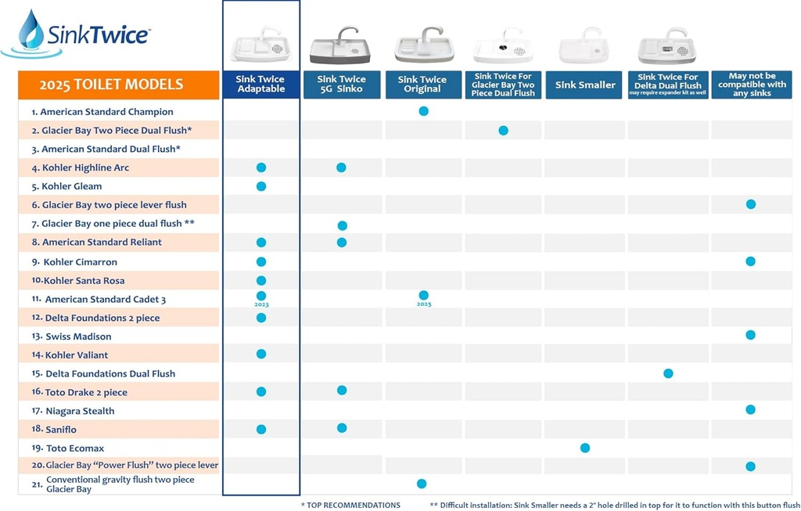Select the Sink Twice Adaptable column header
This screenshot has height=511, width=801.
(x=260, y=85)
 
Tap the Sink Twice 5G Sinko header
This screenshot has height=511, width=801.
(x=341, y=85)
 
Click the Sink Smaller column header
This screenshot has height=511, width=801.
(x=585, y=85)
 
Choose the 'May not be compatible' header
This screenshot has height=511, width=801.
(x=751, y=85)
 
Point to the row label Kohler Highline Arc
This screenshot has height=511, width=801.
(x=85, y=167)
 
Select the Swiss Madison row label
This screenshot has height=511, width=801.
(x=78, y=336)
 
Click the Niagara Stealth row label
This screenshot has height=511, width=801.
(x=80, y=411)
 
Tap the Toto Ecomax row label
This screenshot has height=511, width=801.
(x=74, y=448)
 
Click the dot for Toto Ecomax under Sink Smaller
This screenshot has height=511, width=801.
(x=585, y=448)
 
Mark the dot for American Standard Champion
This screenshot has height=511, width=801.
(x=423, y=111)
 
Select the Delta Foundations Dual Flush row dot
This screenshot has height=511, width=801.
(x=668, y=373)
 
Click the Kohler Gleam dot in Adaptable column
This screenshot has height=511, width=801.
(x=261, y=186)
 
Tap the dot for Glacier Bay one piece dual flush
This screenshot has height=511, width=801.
(x=342, y=225)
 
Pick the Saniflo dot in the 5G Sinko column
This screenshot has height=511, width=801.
(x=342, y=427)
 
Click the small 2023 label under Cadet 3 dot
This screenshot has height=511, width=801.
(x=261, y=304)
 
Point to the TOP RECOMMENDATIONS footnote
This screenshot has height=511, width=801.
(x=352, y=505)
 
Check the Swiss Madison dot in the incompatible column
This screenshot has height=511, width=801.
(x=750, y=335)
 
